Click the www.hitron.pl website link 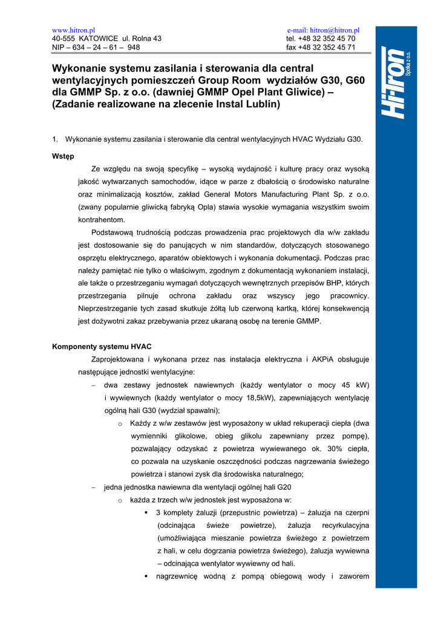coord(74,30)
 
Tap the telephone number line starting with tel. coord(321,38)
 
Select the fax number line coord(321,47)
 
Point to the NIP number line coord(96,47)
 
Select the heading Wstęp coord(64,156)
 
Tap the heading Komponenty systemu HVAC coord(102,346)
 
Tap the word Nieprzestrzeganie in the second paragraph coord(109,308)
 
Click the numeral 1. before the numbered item coord(56,139)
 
